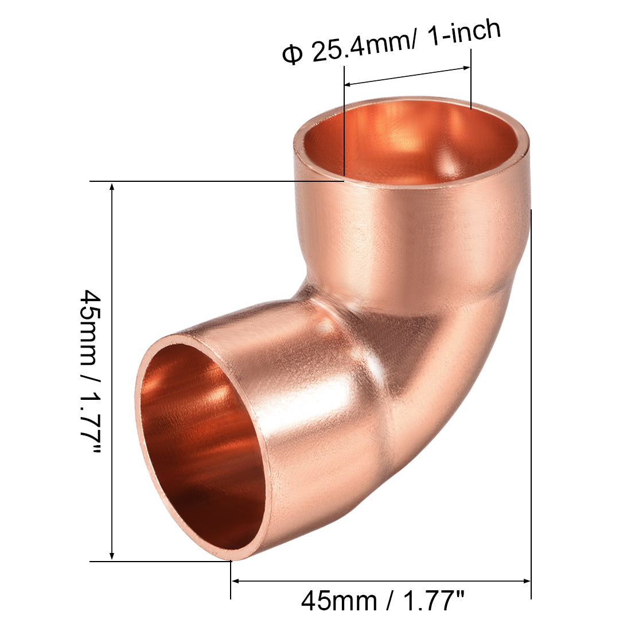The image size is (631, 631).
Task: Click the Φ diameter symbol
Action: tap(292, 56)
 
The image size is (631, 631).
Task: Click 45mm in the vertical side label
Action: tap(91, 321)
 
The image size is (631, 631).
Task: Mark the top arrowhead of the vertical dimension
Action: tap(112, 187)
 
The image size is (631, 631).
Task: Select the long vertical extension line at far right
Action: tap(531, 402)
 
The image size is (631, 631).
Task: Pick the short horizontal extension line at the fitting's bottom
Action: tap(161, 561)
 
